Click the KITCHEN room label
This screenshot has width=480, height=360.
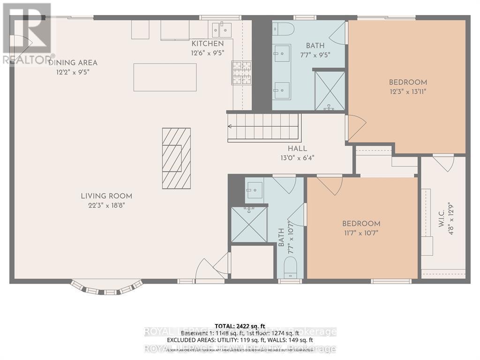[x=204, y=44]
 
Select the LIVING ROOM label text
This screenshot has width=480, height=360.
[x=106, y=196]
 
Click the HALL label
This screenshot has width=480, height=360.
[x=297, y=149]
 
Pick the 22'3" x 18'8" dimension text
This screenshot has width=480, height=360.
[x=106, y=205]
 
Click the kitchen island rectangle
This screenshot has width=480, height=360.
[x=165, y=77]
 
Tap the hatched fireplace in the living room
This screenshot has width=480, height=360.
[x=176, y=158]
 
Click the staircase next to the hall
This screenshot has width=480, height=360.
[x=263, y=127]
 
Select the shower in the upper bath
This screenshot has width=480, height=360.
[x=330, y=90]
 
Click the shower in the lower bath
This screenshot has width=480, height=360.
[x=249, y=225]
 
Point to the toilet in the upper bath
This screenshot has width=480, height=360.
[x=283, y=29]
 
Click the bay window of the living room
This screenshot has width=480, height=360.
[x=106, y=287]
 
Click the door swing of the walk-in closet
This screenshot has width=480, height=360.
[x=443, y=162]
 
